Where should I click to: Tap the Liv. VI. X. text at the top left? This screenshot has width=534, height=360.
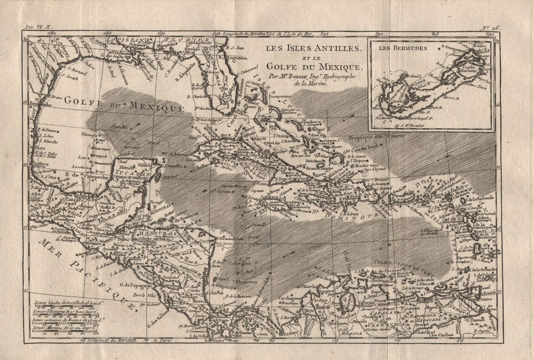(39, 30)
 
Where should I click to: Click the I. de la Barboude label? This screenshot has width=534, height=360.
(481, 198)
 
